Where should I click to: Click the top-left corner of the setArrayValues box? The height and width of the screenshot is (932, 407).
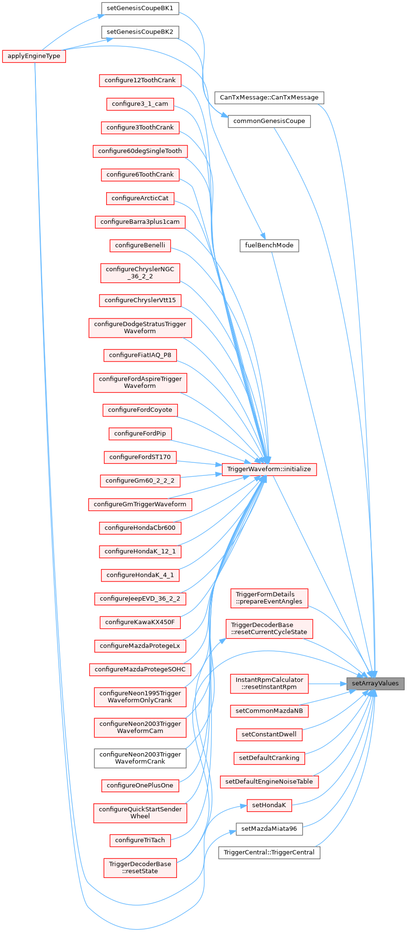347,678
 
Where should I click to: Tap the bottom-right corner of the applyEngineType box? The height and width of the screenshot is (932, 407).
66,62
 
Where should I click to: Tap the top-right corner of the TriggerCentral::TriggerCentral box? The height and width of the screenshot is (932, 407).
320,846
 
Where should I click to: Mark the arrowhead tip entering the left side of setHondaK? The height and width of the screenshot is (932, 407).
247,806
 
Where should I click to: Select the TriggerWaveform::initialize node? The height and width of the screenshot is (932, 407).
269,469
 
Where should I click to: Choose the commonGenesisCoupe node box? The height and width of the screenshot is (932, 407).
269,121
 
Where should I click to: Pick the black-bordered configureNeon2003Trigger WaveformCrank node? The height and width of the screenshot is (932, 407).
140,758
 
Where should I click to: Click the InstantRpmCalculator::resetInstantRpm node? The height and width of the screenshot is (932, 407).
269,683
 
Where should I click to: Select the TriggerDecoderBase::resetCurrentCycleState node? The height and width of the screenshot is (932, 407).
269,628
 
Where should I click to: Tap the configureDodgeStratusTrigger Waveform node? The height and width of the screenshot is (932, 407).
140,328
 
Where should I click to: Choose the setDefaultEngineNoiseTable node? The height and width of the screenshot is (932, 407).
269,781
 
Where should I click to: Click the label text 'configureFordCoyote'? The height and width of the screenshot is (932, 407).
140,410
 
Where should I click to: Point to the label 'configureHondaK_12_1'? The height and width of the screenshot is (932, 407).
140,551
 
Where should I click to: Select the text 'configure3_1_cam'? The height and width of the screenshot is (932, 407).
140,103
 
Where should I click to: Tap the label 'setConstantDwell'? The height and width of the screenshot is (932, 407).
269,734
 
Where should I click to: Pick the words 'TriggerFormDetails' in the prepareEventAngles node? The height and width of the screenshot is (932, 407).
269,594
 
